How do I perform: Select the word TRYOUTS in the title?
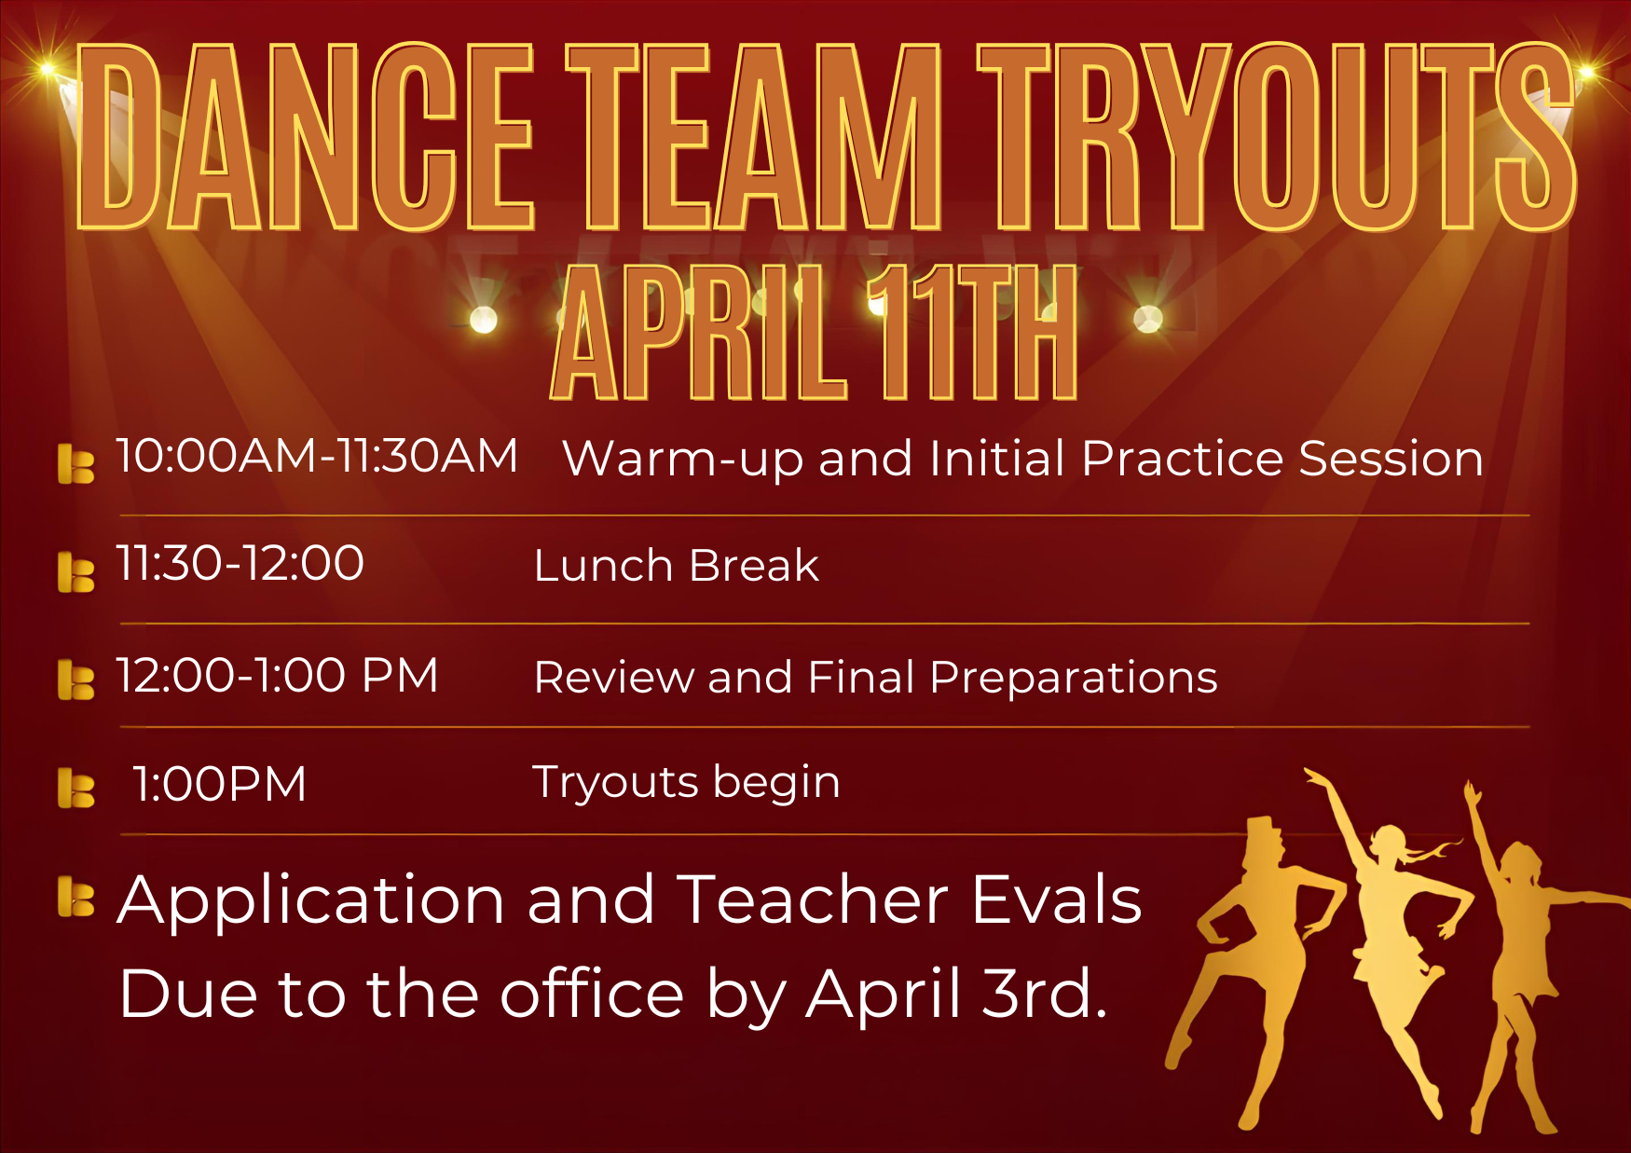1278,136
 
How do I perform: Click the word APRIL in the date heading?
701,333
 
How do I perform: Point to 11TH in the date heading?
972,333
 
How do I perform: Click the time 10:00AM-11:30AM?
317,457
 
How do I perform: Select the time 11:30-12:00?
240,564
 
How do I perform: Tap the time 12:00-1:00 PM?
277,675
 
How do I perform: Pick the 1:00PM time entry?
220,784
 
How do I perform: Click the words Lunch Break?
677,566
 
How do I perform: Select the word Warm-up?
683,460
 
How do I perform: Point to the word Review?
614,677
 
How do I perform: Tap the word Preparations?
1074,679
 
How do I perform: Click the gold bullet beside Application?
75,896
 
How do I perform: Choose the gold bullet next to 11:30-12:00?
75,571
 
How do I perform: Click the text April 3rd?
957,995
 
